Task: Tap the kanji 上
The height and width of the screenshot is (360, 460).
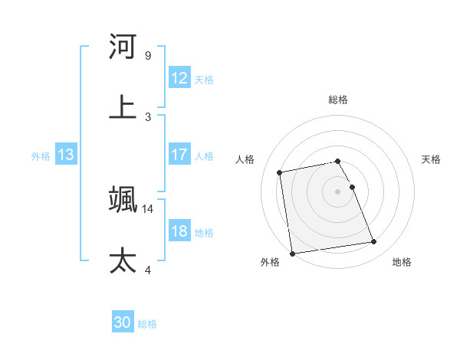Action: click(123, 106)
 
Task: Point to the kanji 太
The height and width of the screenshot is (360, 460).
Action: click(123, 260)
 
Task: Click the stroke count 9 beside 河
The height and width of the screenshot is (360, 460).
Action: click(147, 56)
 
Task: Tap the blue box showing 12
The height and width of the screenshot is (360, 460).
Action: click(179, 78)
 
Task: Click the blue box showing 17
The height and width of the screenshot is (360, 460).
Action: click(179, 155)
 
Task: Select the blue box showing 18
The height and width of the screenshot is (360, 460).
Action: click(179, 231)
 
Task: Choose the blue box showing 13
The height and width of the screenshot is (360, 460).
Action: click(66, 155)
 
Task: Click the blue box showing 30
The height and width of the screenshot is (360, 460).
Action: click(123, 323)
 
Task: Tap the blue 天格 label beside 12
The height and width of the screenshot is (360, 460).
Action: click(204, 80)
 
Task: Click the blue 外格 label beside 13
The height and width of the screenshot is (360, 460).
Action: click(41, 156)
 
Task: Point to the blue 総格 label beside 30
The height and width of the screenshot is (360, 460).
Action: click(147, 325)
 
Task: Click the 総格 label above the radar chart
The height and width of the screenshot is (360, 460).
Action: click(338, 100)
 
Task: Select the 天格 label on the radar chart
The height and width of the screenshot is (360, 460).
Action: click(432, 159)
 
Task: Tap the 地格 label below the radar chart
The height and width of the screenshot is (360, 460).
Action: click(402, 263)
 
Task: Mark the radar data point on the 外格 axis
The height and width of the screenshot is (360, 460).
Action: click(292, 253)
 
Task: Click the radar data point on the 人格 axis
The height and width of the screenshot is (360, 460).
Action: click(280, 172)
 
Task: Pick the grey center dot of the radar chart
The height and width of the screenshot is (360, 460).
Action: click(338, 191)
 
